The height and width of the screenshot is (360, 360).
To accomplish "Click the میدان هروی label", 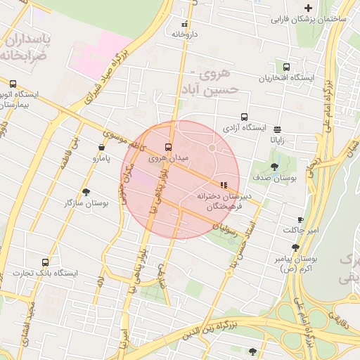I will coord(169,160).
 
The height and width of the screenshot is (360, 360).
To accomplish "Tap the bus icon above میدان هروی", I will coord(168,148).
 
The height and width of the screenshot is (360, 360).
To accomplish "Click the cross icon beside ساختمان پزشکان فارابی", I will coord(308,8).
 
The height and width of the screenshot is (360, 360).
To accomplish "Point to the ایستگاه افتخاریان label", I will coord(289,78).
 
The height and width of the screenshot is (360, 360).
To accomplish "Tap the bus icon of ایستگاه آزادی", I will coord(244,117).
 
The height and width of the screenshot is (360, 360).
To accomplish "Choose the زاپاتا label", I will coord(278,139).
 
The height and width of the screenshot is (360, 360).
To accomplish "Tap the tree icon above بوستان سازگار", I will coord(86,192).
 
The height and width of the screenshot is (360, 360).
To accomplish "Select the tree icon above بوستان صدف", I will coord(274,167).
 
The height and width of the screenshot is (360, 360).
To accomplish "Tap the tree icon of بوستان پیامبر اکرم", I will coord(295,247).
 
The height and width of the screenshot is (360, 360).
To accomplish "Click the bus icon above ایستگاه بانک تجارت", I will coord(46,262).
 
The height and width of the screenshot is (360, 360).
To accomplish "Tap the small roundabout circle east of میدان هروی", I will coord(212,148).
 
